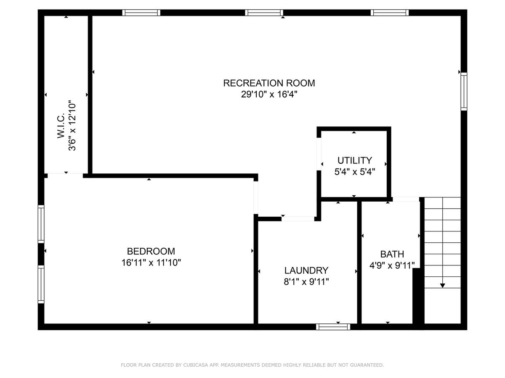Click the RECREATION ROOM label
click(x=269, y=83)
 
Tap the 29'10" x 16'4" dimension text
click(x=269, y=94)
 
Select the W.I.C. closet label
click(x=61, y=125)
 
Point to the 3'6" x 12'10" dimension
click(x=72, y=125)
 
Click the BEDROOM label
click(x=151, y=251)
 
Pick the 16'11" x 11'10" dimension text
click(x=151, y=262)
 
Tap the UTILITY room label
click(x=354, y=160)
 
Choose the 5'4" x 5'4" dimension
click(x=354, y=172)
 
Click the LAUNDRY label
click(x=306, y=270)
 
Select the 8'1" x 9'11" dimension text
click(x=306, y=281)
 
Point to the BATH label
click(x=392, y=254)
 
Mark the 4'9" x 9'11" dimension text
click(x=392, y=265)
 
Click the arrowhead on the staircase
click(x=442, y=286)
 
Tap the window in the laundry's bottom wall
click(x=333, y=327)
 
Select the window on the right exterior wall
click(x=464, y=91)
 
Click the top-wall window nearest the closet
click(x=141, y=13)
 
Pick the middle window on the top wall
click(x=264, y=13)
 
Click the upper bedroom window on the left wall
click(x=41, y=224)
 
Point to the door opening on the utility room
click(x=319, y=154)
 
